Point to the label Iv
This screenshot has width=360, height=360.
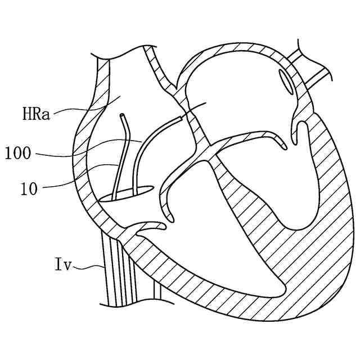pyautogui.click(x=62, y=264)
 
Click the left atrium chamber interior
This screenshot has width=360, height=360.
pyautogui.click(x=236, y=96)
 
